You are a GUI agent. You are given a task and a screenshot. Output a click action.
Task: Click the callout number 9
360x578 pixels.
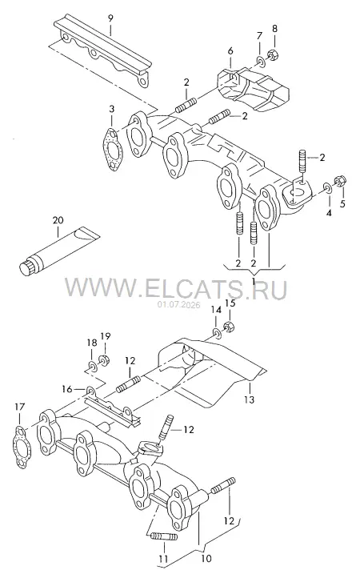coord(110,18)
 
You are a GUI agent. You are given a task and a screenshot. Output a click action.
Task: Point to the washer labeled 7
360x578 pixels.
coord(260,61)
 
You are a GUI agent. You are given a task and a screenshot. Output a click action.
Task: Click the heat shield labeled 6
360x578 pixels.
coord(253,89)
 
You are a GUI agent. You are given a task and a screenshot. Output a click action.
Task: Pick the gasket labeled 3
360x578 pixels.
coord(113,149)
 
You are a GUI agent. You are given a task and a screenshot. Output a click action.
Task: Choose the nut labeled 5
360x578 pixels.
coord(339,181)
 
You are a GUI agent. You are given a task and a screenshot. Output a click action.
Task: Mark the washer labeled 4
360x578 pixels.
coord(326,187)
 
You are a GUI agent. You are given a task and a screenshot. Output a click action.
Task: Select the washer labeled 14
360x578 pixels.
coord(216,332)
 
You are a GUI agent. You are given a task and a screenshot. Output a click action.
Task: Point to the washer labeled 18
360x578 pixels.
coord(92,366)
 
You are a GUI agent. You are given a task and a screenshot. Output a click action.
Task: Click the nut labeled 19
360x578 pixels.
coord(103,359)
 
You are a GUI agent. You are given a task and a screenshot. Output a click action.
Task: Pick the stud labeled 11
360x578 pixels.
coord(164,536)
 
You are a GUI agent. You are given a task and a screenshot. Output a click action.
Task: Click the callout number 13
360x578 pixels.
coord(250,399)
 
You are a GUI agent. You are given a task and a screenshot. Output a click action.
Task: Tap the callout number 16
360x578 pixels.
coord(67,388)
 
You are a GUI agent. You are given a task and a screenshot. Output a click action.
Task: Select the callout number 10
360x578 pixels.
coord(206,559)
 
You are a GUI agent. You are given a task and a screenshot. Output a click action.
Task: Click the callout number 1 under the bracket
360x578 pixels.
coord(254,282)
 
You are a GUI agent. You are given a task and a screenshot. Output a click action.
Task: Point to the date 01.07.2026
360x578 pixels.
coord(178,305)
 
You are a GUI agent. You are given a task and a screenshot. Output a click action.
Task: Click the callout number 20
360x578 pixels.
coord(58,220)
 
